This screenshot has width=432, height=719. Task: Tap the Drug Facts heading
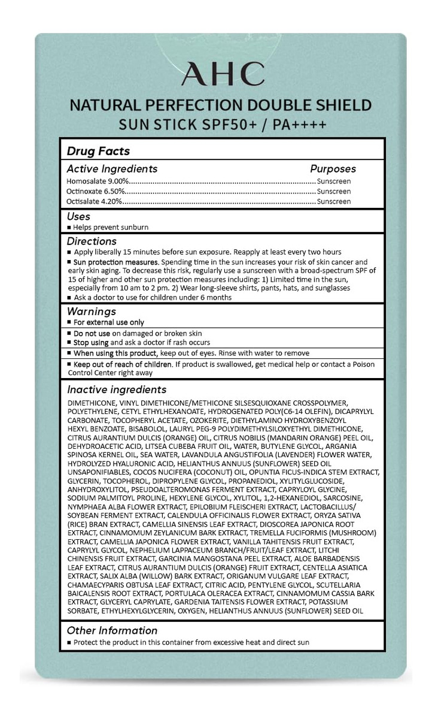click(98, 151)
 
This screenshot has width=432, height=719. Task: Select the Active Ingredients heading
click(112, 169)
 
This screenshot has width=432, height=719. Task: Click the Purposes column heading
click(333, 169)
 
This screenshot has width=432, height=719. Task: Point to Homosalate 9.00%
click(98, 181)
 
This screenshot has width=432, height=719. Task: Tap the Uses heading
click(79, 216)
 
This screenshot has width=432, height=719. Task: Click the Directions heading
click(92, 241)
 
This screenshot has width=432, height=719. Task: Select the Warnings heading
click(91, 312)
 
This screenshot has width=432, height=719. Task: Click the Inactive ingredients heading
click(117, 389)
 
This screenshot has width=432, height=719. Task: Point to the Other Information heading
click(112, 630)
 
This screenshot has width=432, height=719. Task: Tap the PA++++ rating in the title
click(300, 126)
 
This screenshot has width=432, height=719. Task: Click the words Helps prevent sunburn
click(111, 228)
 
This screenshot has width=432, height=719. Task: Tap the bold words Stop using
click(91, 342)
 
